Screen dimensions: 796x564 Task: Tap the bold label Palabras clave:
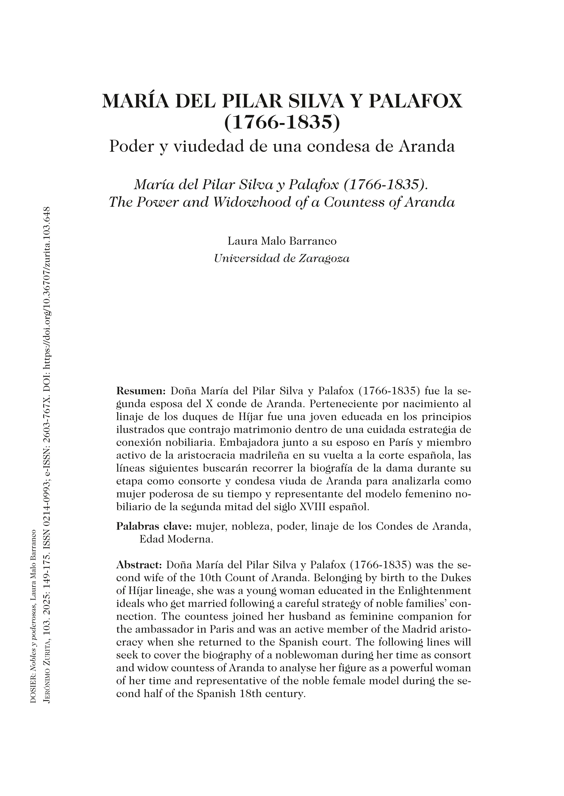[x=154, y=526]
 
